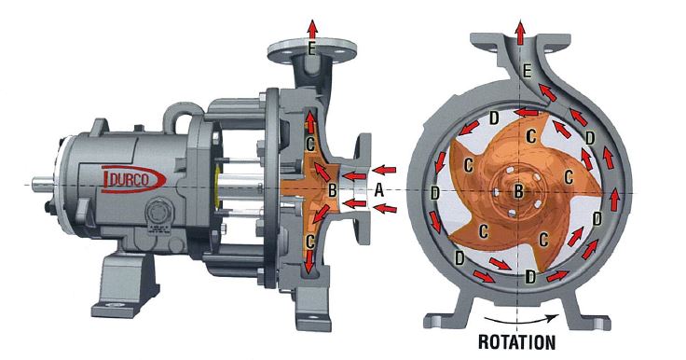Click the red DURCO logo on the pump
click(x=133, y=176)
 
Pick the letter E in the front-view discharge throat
click(x=528, y=71)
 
